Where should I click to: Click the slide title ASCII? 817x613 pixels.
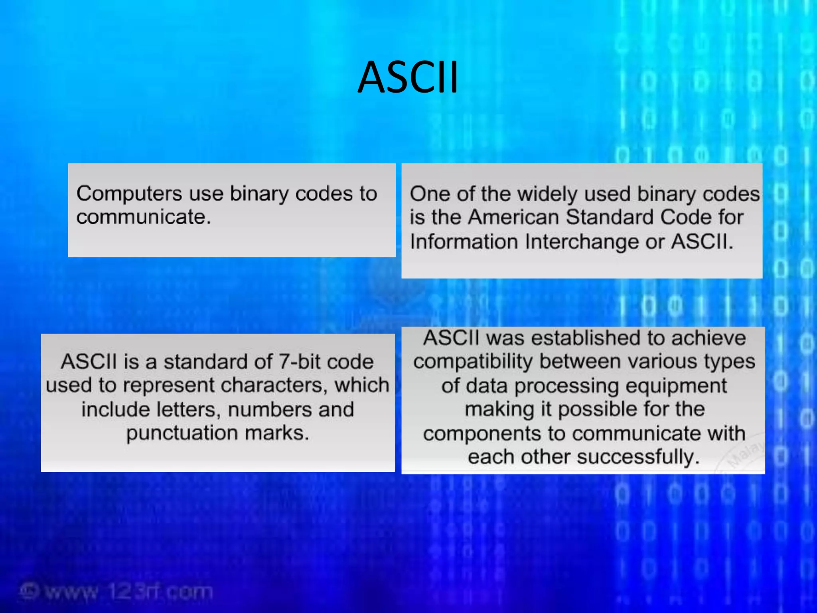408,77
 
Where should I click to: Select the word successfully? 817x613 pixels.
637,457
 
